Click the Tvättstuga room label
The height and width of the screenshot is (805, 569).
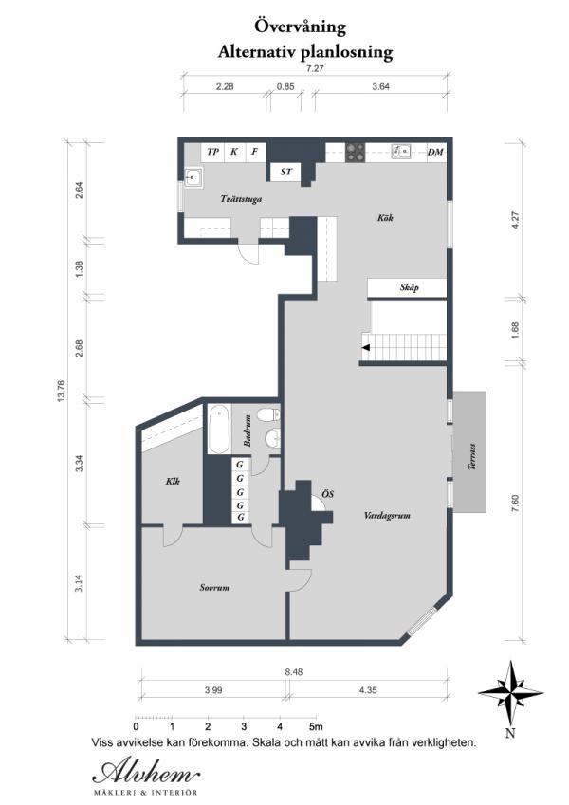(x=241, y=199)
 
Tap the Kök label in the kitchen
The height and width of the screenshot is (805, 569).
(x=385, y=218)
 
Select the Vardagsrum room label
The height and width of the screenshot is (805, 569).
(x=387, y=516)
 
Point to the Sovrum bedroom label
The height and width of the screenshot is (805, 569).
(x=214, y=587)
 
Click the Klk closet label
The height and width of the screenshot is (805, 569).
(x=173, y=482)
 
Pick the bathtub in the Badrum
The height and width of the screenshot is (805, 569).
(x=219, y=430)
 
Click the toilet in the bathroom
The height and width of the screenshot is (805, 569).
(x=268, y=414)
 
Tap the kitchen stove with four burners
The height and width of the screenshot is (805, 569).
(x=356, y=152)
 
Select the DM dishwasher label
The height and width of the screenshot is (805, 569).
(x=435, y=152)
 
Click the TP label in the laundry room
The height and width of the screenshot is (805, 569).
(x=212, y=152)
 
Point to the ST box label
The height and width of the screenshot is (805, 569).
(x=286, y=172)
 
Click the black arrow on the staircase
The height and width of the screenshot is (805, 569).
(x=365, y=348)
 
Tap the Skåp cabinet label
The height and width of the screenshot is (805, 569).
(x=410, y=287)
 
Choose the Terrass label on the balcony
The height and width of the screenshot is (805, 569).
(x=471, y=456)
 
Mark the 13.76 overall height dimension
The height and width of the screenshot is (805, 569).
(x=61, y=392)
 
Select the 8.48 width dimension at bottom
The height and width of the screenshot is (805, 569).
(x=294, y=671)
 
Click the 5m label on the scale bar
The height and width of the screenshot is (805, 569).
(x=317, y=727)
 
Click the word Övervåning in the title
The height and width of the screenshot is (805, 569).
(x=301, y=27)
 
